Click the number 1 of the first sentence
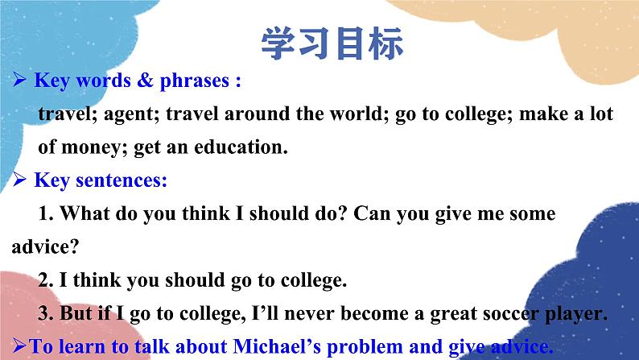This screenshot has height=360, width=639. coord(43,214)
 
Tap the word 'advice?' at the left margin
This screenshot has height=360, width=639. coord(41,246)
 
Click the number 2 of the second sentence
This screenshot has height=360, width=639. coord(43,280)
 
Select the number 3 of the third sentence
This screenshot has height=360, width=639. coord(43,314)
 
